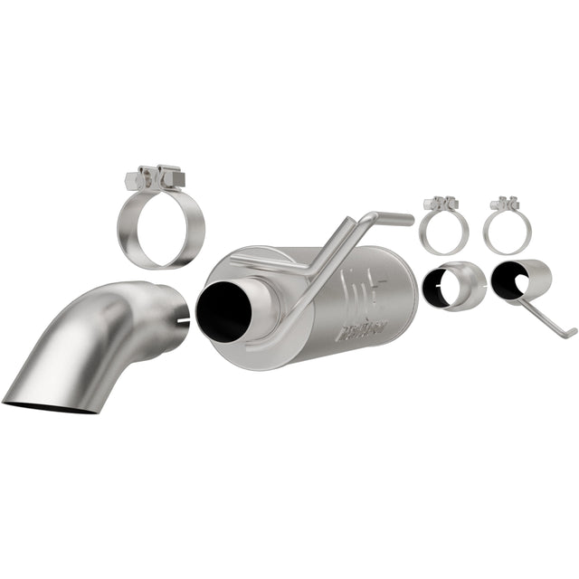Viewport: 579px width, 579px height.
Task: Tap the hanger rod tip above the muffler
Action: coord(398,219)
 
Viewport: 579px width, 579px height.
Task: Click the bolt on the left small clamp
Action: coord(441,203)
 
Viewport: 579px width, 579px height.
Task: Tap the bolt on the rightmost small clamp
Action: coord(503,203)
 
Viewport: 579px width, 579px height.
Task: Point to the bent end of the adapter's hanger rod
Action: coord(568,333)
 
